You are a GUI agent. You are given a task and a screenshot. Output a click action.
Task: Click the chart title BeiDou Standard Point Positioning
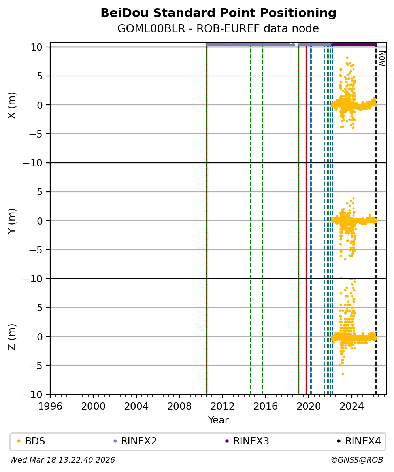point(218,13)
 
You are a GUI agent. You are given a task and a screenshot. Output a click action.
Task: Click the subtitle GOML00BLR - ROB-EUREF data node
point(218,29)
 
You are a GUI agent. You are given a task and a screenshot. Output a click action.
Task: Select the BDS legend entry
point(35,441)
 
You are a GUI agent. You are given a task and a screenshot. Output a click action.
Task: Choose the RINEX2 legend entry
point(138,441)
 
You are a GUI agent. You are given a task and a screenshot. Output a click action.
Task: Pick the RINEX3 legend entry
point(251,441)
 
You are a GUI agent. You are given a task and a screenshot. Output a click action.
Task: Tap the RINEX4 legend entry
point(363,441)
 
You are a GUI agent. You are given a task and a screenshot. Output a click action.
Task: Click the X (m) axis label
point(12,105)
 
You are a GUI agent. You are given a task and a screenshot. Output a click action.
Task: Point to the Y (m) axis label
point(12,221)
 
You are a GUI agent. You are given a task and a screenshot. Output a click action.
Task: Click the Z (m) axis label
point(12,336)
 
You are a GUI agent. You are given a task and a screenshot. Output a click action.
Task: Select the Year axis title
point(218,420)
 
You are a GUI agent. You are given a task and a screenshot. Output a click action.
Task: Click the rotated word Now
point(382,58)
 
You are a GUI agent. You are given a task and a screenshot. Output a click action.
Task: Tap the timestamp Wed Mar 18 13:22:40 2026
point(62,460)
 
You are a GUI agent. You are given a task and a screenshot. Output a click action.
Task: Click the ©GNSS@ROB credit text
point(356,460)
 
